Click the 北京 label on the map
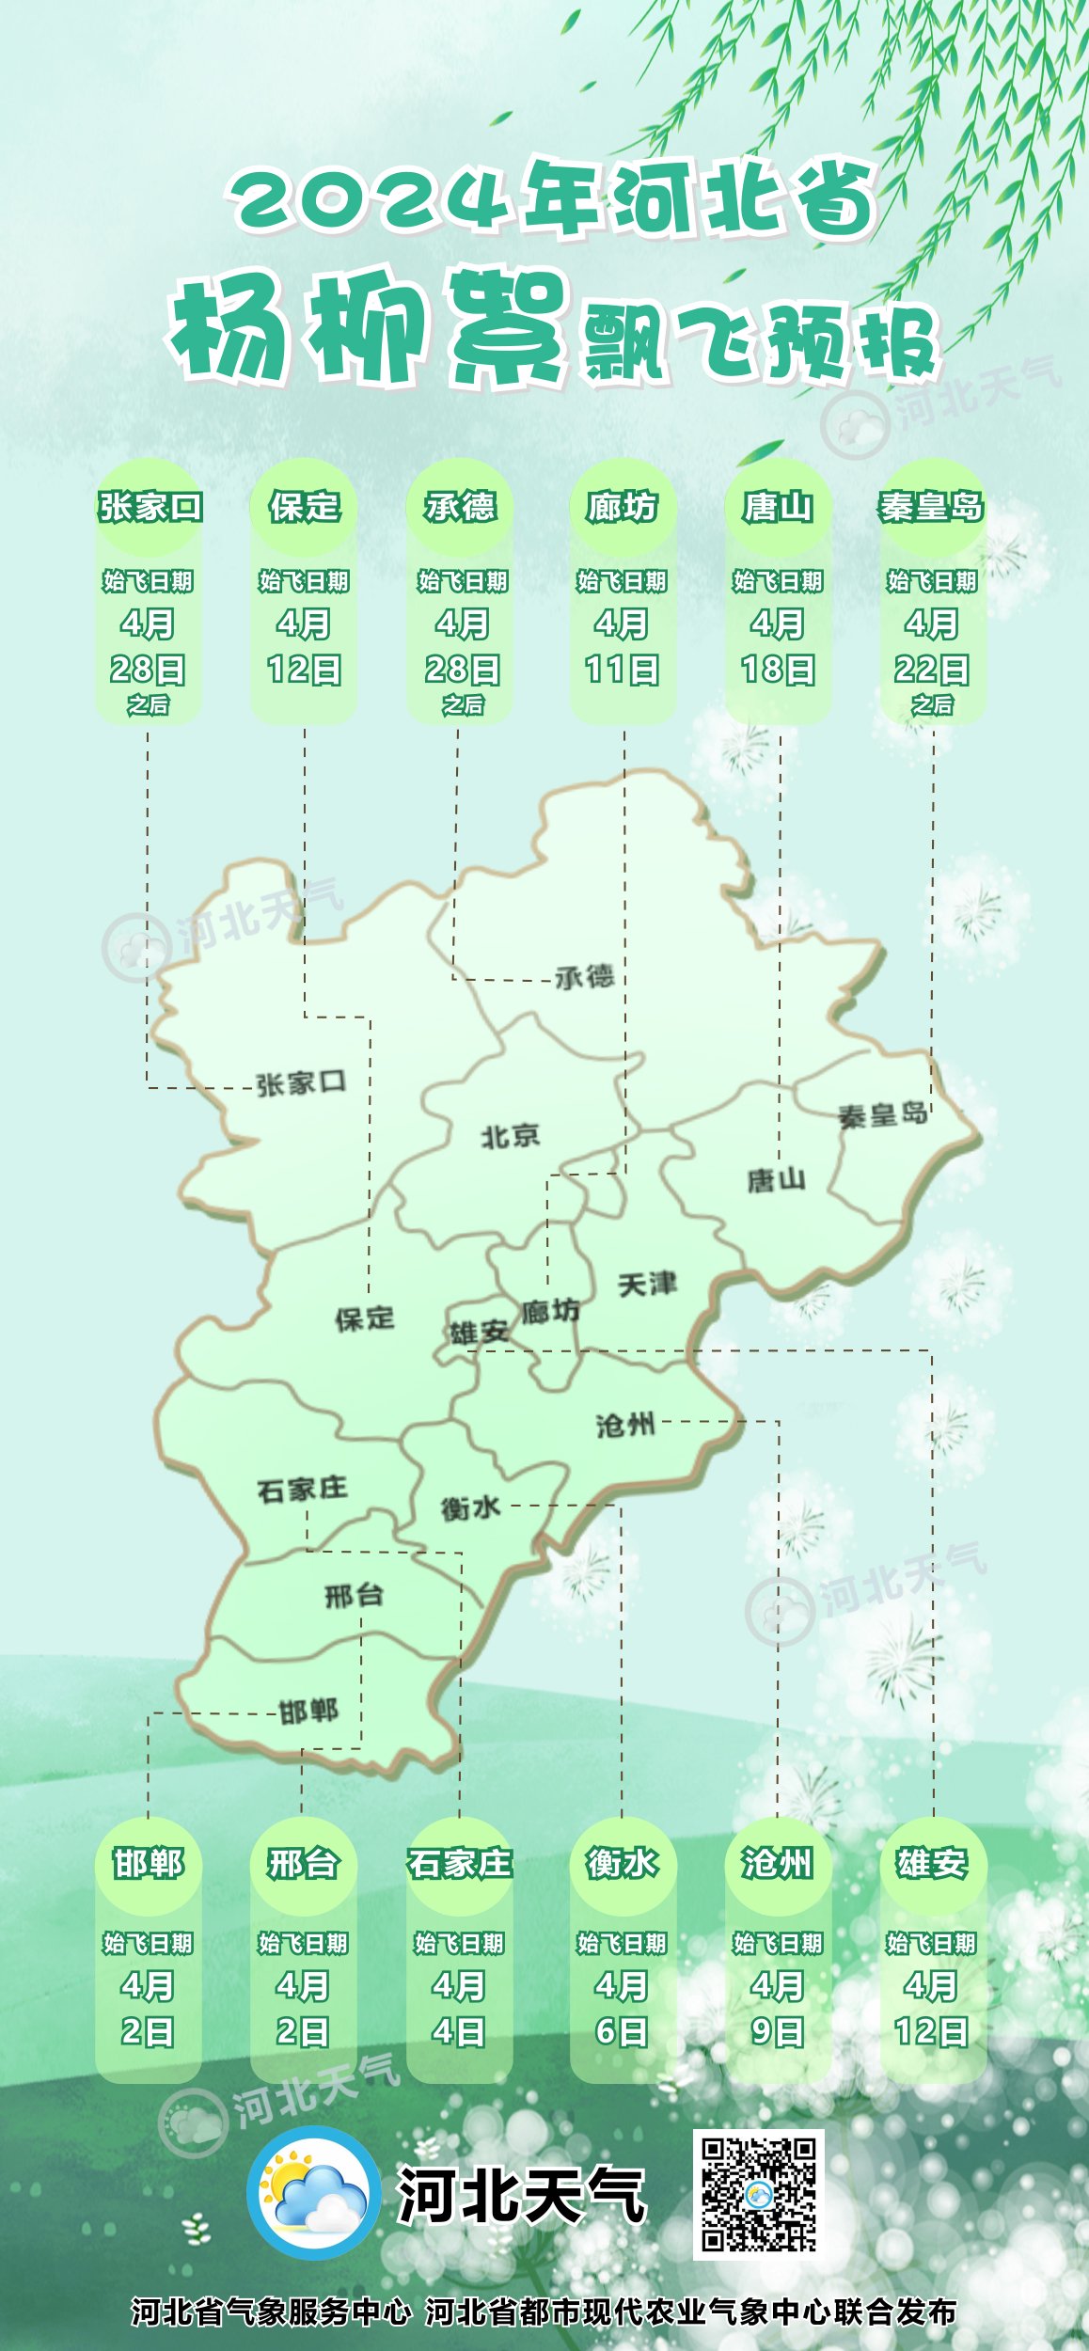[511, 1137]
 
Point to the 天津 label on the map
[647, 1284]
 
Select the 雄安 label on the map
[478, 1332]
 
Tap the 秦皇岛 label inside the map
[882, 1115]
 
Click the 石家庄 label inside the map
[302, 1489]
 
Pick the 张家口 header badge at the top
[150, 507]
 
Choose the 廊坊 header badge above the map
[622, 507]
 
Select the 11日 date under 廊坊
[622, 670]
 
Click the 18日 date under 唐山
[778, 670]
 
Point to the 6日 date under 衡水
[622, 2031]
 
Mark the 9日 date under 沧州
[778, 2031]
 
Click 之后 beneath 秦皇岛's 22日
[932, 704]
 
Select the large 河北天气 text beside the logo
[522, 2195]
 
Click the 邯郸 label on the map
[308, 1711]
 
